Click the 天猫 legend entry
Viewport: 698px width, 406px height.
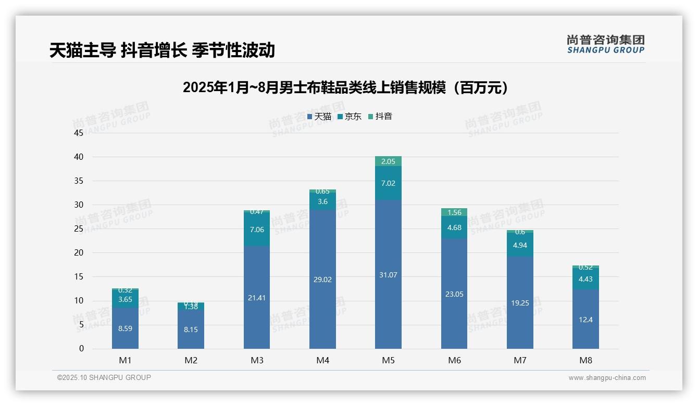tap(319, 117)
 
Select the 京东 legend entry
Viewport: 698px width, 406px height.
tap(349, 117)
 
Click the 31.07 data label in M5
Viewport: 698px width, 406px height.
tap(388, 275)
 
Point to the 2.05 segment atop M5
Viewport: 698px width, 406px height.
tap(388, 161)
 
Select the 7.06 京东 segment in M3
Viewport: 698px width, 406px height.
tap(257, 230)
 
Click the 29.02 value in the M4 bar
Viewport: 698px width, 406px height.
tap(322, 280)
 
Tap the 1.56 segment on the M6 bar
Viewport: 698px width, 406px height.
tap(454, 212)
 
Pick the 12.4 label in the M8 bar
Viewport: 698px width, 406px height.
tap(585, 320)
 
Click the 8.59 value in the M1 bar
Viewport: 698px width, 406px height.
tap(125, 328)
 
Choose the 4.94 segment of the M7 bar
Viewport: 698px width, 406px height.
tap(520, 245)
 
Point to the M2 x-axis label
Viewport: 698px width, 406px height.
tap(191, 360)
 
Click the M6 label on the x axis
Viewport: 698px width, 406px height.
tap(454, 360)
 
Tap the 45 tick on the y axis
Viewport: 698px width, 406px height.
tap(79, 133)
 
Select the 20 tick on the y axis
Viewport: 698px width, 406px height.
tap(79, 253)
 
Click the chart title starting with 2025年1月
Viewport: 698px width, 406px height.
tap(345, 87)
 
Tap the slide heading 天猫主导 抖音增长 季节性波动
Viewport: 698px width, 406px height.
tap(162, 50)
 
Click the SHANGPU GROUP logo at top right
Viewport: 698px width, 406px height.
tap(605, 44)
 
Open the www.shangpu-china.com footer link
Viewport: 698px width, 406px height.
tap(607, 378)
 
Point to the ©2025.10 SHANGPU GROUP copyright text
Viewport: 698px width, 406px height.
tap(104, 378)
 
